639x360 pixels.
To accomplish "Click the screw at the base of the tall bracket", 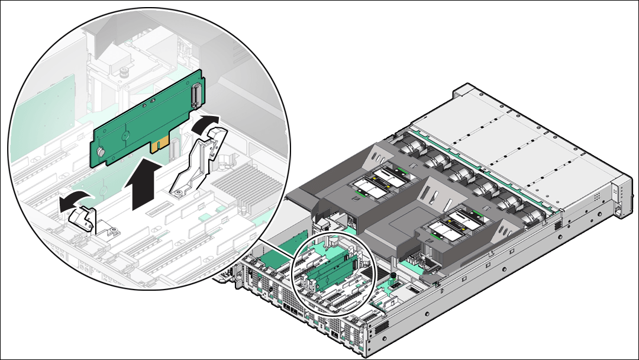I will (x=177, y=191).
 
